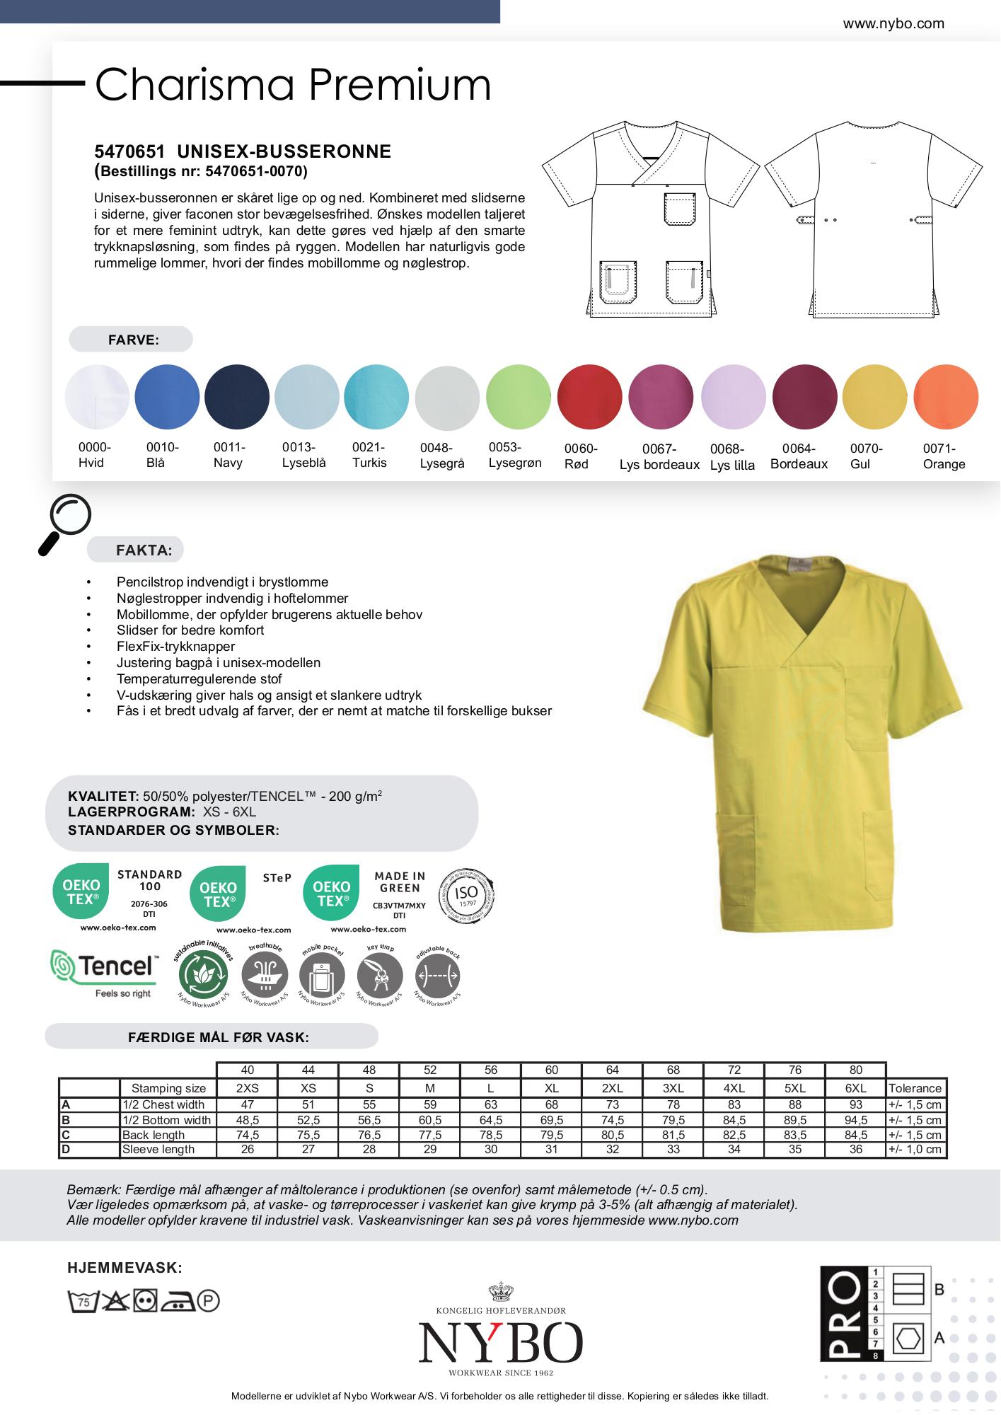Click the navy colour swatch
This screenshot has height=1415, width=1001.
click(237, 397)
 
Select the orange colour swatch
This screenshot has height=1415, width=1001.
click(946, 397)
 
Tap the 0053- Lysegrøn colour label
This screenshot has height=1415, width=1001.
click(514, 455)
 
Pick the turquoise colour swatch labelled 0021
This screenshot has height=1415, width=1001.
click(376, 397)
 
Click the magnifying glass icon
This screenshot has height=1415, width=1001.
click(65, 522)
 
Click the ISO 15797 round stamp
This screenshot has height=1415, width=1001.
click(467, 894)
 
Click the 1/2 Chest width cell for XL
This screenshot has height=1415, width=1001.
click(552, 1104)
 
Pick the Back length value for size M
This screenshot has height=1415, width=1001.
click(430, 1135)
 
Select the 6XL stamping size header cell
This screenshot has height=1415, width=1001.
click(855, 1088)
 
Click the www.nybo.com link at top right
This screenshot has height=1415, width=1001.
click(893, 24)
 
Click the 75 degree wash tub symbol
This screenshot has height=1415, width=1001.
click(82, 1300)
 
